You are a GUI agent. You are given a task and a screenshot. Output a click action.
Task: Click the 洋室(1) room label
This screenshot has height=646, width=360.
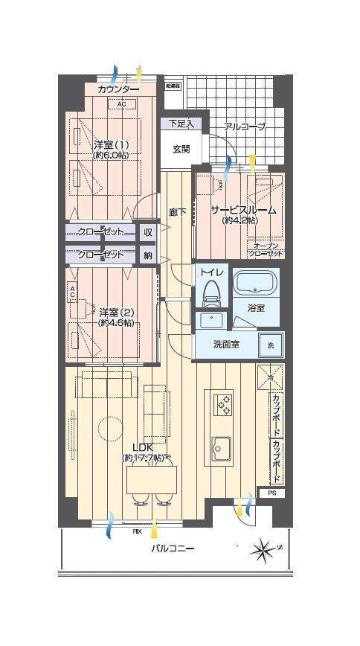click(111, 144)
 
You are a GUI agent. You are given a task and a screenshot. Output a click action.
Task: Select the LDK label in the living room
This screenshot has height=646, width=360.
click(143, 447)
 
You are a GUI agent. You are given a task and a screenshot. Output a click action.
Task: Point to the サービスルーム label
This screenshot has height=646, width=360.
click(242, 211)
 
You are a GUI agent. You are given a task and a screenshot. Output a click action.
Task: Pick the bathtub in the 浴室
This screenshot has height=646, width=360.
click(255, 283)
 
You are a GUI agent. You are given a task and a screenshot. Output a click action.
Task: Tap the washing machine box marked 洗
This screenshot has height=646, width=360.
click(270, 345)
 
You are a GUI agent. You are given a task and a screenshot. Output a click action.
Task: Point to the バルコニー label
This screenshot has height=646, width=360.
click(173, 549)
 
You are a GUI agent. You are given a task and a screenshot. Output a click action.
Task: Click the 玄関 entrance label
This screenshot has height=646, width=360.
click(181, 149)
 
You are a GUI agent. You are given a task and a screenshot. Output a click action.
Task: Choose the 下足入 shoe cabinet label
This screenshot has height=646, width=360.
click(180, 124)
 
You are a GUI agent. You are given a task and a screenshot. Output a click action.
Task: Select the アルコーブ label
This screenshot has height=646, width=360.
click(244, 127)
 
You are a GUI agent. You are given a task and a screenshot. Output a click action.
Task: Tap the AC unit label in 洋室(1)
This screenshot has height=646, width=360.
click(121, 104)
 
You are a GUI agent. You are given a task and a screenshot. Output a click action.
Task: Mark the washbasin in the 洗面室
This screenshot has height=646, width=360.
click(211, 321)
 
